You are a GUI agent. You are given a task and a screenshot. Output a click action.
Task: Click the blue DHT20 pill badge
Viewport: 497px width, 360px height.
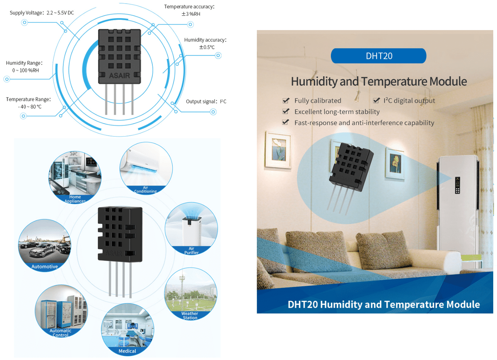[379, 56]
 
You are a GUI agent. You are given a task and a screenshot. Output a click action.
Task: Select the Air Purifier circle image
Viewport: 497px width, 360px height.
[191, 230]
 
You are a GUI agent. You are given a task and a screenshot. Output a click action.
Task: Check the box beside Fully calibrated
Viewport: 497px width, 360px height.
[285, 101]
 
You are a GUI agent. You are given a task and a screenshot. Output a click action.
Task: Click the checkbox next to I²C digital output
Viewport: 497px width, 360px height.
[376, 101]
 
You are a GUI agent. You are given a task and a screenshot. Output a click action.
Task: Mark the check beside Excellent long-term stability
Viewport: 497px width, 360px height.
[285, 112]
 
